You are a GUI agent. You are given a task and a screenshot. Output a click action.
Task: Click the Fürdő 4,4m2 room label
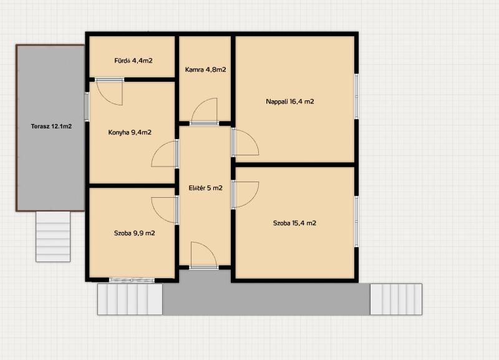tap(133, 61)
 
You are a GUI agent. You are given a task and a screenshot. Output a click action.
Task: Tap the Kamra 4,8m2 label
tap(206, 69)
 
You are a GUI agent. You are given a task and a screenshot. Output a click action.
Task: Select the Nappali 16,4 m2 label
tap(290, 102)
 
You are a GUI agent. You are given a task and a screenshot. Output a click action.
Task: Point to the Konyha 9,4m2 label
tap(130, 132)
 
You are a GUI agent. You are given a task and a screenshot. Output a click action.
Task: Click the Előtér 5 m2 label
tap(206, 188)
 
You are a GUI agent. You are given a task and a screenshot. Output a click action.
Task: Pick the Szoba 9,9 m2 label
tap(135, 233)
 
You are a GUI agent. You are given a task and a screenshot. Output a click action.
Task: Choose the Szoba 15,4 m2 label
tap(294, 223)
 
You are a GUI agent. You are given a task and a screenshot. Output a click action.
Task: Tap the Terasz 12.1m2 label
tap(51, 127)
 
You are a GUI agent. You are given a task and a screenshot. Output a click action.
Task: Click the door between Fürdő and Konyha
tap(109, 92)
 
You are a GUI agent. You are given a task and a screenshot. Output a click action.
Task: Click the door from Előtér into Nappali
tap(245, 142)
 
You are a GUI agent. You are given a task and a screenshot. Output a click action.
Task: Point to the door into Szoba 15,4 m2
tap(245, 195)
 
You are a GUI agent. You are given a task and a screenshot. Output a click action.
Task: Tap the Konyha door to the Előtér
tap(165, 153)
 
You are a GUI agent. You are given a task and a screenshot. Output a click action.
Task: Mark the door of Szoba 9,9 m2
tap(165, 210)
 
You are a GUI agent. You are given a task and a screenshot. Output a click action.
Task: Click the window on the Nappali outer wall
tap(356, 97)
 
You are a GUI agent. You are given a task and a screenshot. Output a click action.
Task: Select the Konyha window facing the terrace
tap(87, 107)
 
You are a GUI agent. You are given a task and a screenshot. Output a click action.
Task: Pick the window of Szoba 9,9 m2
tap(132, 280)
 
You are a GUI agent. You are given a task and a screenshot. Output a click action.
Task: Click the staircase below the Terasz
tap(53, 236)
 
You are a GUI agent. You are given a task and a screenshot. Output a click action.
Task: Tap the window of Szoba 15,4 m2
tap(356, 221)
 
